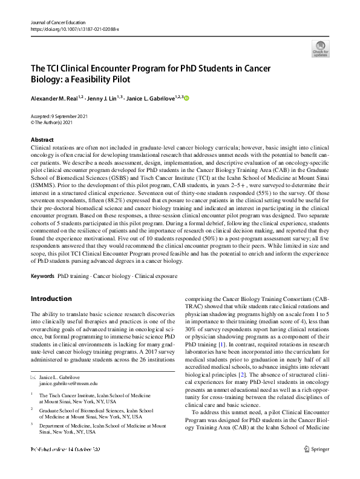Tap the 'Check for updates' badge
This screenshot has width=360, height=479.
tap(320, 48)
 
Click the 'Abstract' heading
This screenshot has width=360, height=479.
tap(42, 139)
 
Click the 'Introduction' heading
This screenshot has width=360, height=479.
tap(51, 299)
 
